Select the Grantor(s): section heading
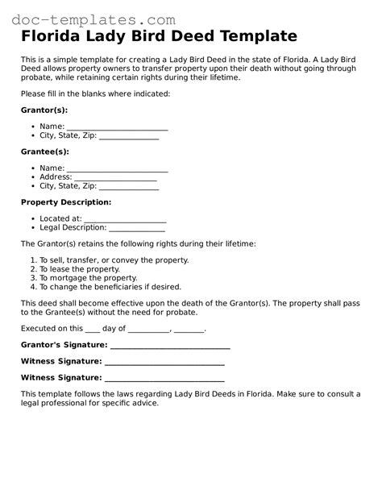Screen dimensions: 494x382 tap(44, 110)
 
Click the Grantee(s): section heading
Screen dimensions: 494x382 tap(45, 152)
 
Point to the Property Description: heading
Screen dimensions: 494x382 tap(66, 202)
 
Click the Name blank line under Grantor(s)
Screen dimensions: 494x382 tap(117, 127)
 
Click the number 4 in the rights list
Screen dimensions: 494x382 tap(33, 287)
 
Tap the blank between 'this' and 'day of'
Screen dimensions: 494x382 tap(93, 330)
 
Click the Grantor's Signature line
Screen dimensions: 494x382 tap(169, 347)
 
